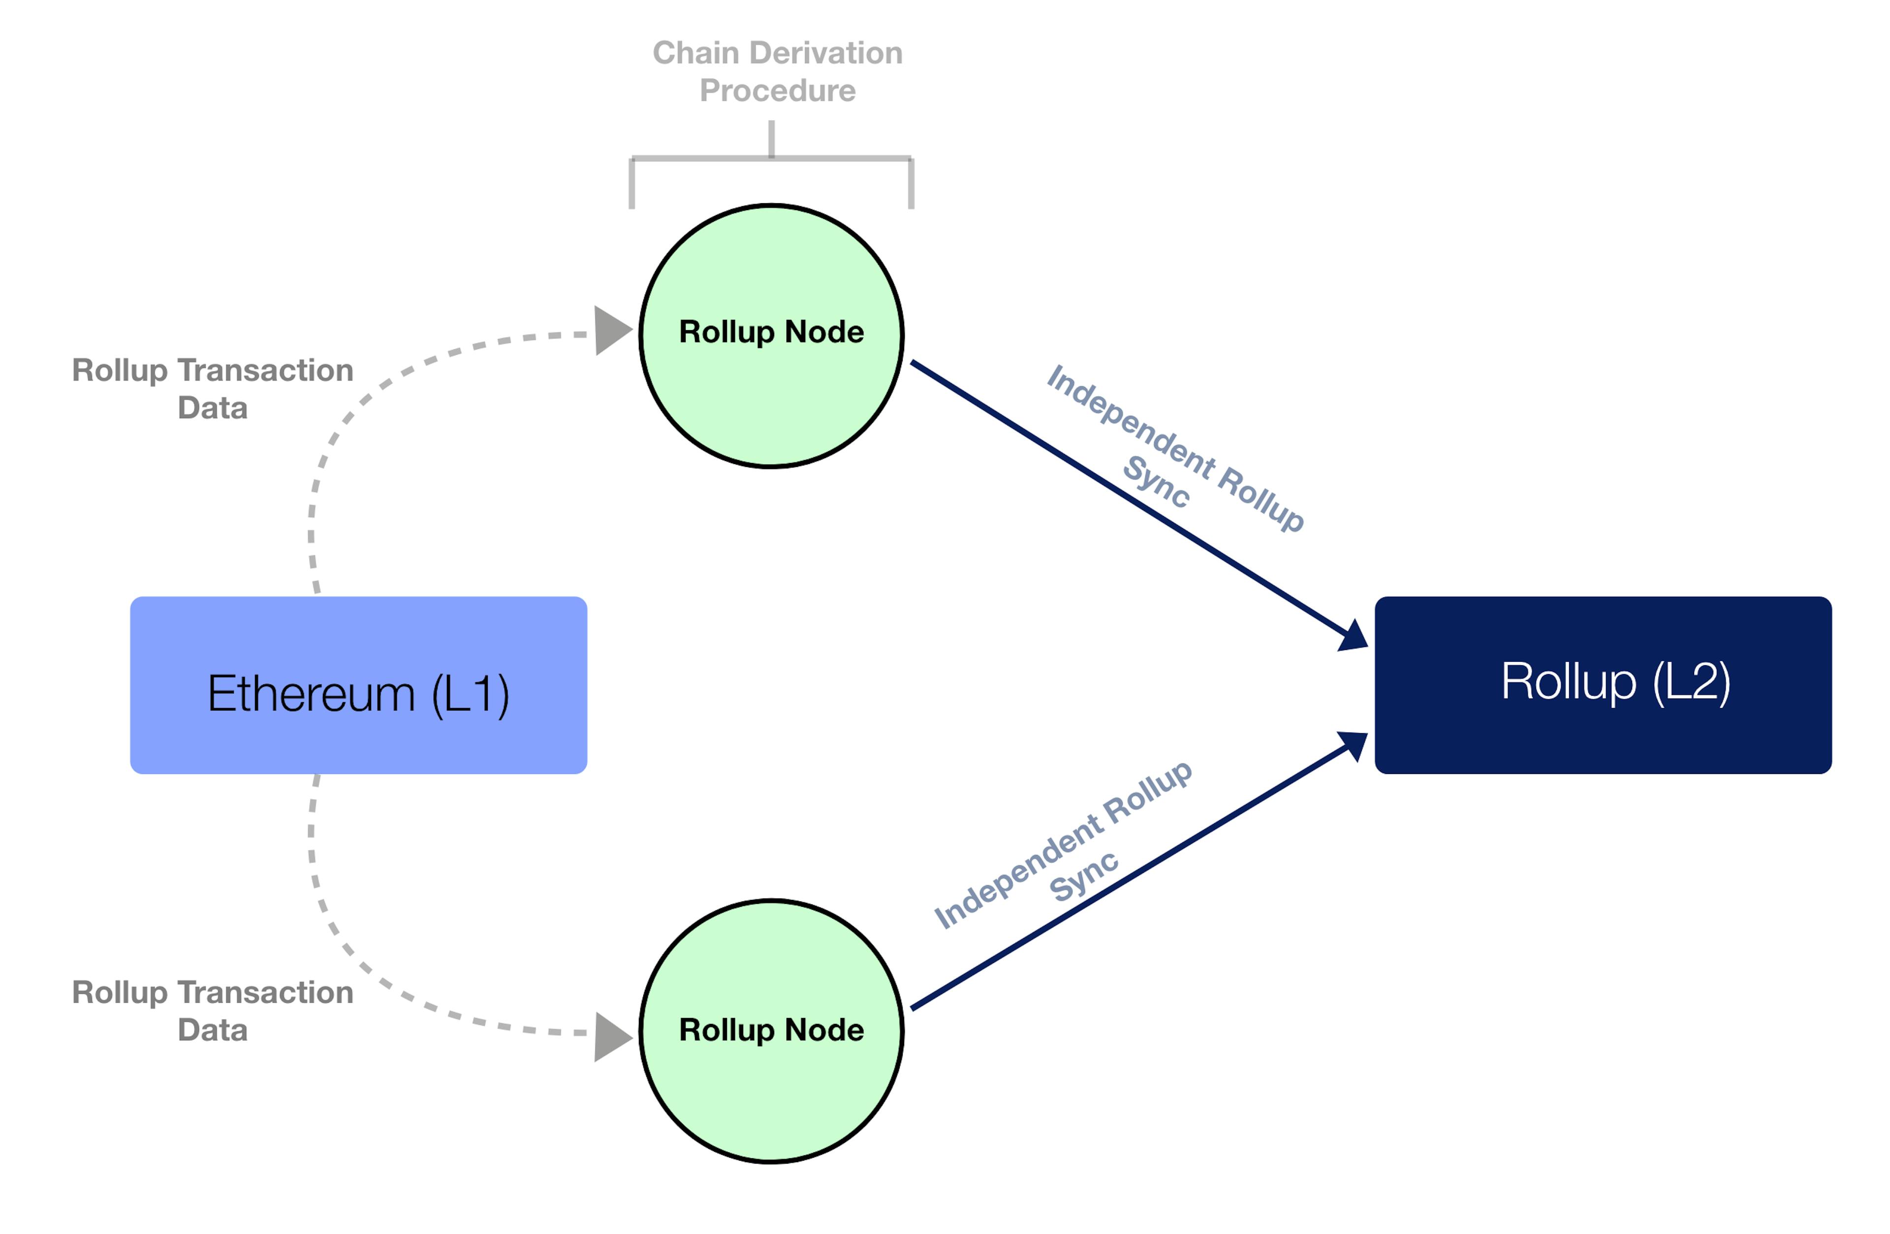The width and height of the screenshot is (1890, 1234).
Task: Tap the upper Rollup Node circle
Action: [x=771, y=336]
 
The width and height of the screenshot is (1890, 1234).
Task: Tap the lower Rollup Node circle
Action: [x=771, y=1031]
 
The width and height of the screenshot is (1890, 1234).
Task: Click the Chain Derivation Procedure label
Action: [x=778, y=71]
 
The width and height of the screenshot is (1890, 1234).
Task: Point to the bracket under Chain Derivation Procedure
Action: [x=771, y=157]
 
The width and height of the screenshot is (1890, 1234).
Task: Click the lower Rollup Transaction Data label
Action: [x=213, y=1011]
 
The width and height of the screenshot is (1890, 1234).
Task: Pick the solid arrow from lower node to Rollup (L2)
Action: [x=1139, y=871]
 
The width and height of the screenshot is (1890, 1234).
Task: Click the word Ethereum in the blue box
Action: [x=311, y=693]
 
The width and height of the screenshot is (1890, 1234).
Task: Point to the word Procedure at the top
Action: [x=778, y=91]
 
